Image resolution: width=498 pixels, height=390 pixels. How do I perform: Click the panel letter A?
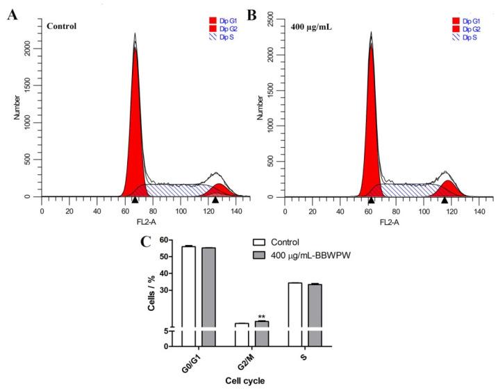(x=12, y=14)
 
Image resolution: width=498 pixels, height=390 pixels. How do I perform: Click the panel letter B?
(x=253, y=14)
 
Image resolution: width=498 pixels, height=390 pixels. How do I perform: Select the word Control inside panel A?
(x=60, y=26)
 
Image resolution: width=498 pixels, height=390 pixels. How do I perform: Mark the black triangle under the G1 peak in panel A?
(x=135, y=200)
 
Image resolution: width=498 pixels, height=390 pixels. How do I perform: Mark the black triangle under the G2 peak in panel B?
(x=445, y=200)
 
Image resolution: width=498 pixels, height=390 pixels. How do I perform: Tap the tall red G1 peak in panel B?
(x=372, y=125)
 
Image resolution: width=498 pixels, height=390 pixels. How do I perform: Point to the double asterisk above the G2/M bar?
(x=262, y=317)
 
